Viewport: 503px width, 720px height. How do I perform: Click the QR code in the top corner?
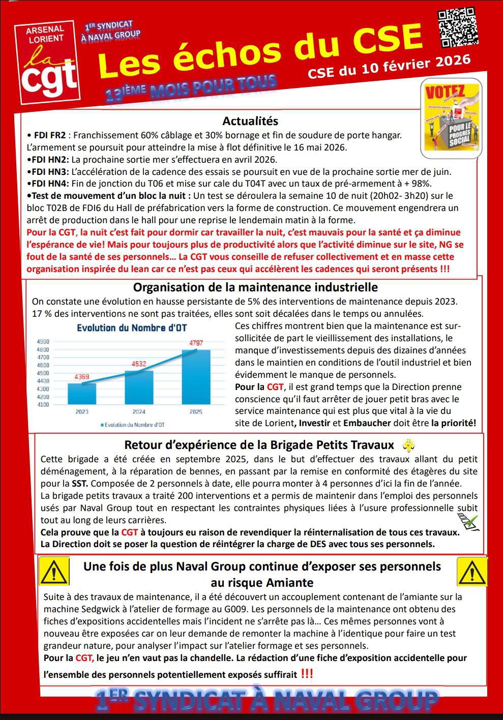pyautogui.click(x=458, y=28)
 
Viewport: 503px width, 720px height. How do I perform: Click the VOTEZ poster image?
pyautogui.click(x=451, y=117)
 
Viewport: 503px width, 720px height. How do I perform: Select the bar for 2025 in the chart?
pyautogui.click(x=196, y=377)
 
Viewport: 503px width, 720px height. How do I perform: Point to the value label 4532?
pyautogui.click(x=138, y=364)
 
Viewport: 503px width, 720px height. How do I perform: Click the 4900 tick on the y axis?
pyautogui.click(x=43, y=342)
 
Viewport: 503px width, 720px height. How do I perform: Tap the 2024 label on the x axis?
pyautogui.click(x=139, y=412)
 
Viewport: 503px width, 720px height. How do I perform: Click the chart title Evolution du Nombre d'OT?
pyautogui.click(x=132, y=328)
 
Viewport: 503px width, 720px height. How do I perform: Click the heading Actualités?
pyautogui.click(x=250, y=121)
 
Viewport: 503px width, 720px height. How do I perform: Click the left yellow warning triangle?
pyautogui.click(x=54, y=572)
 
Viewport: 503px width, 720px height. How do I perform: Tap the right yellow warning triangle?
pyautogui.click(x=471, y=572)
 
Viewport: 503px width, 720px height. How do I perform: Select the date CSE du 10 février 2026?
pyautogui.click(x=389, y=67)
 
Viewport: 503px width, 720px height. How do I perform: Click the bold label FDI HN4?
pyautogui.click(x=49, y=184)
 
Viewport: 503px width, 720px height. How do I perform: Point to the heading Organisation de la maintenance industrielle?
pyautogui.click(x=255, y=287)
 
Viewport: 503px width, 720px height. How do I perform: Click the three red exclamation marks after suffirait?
pyautogui.click(x=307, y=674)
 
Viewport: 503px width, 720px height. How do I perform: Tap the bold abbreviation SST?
pyautogui.click(x=79, y=483)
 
